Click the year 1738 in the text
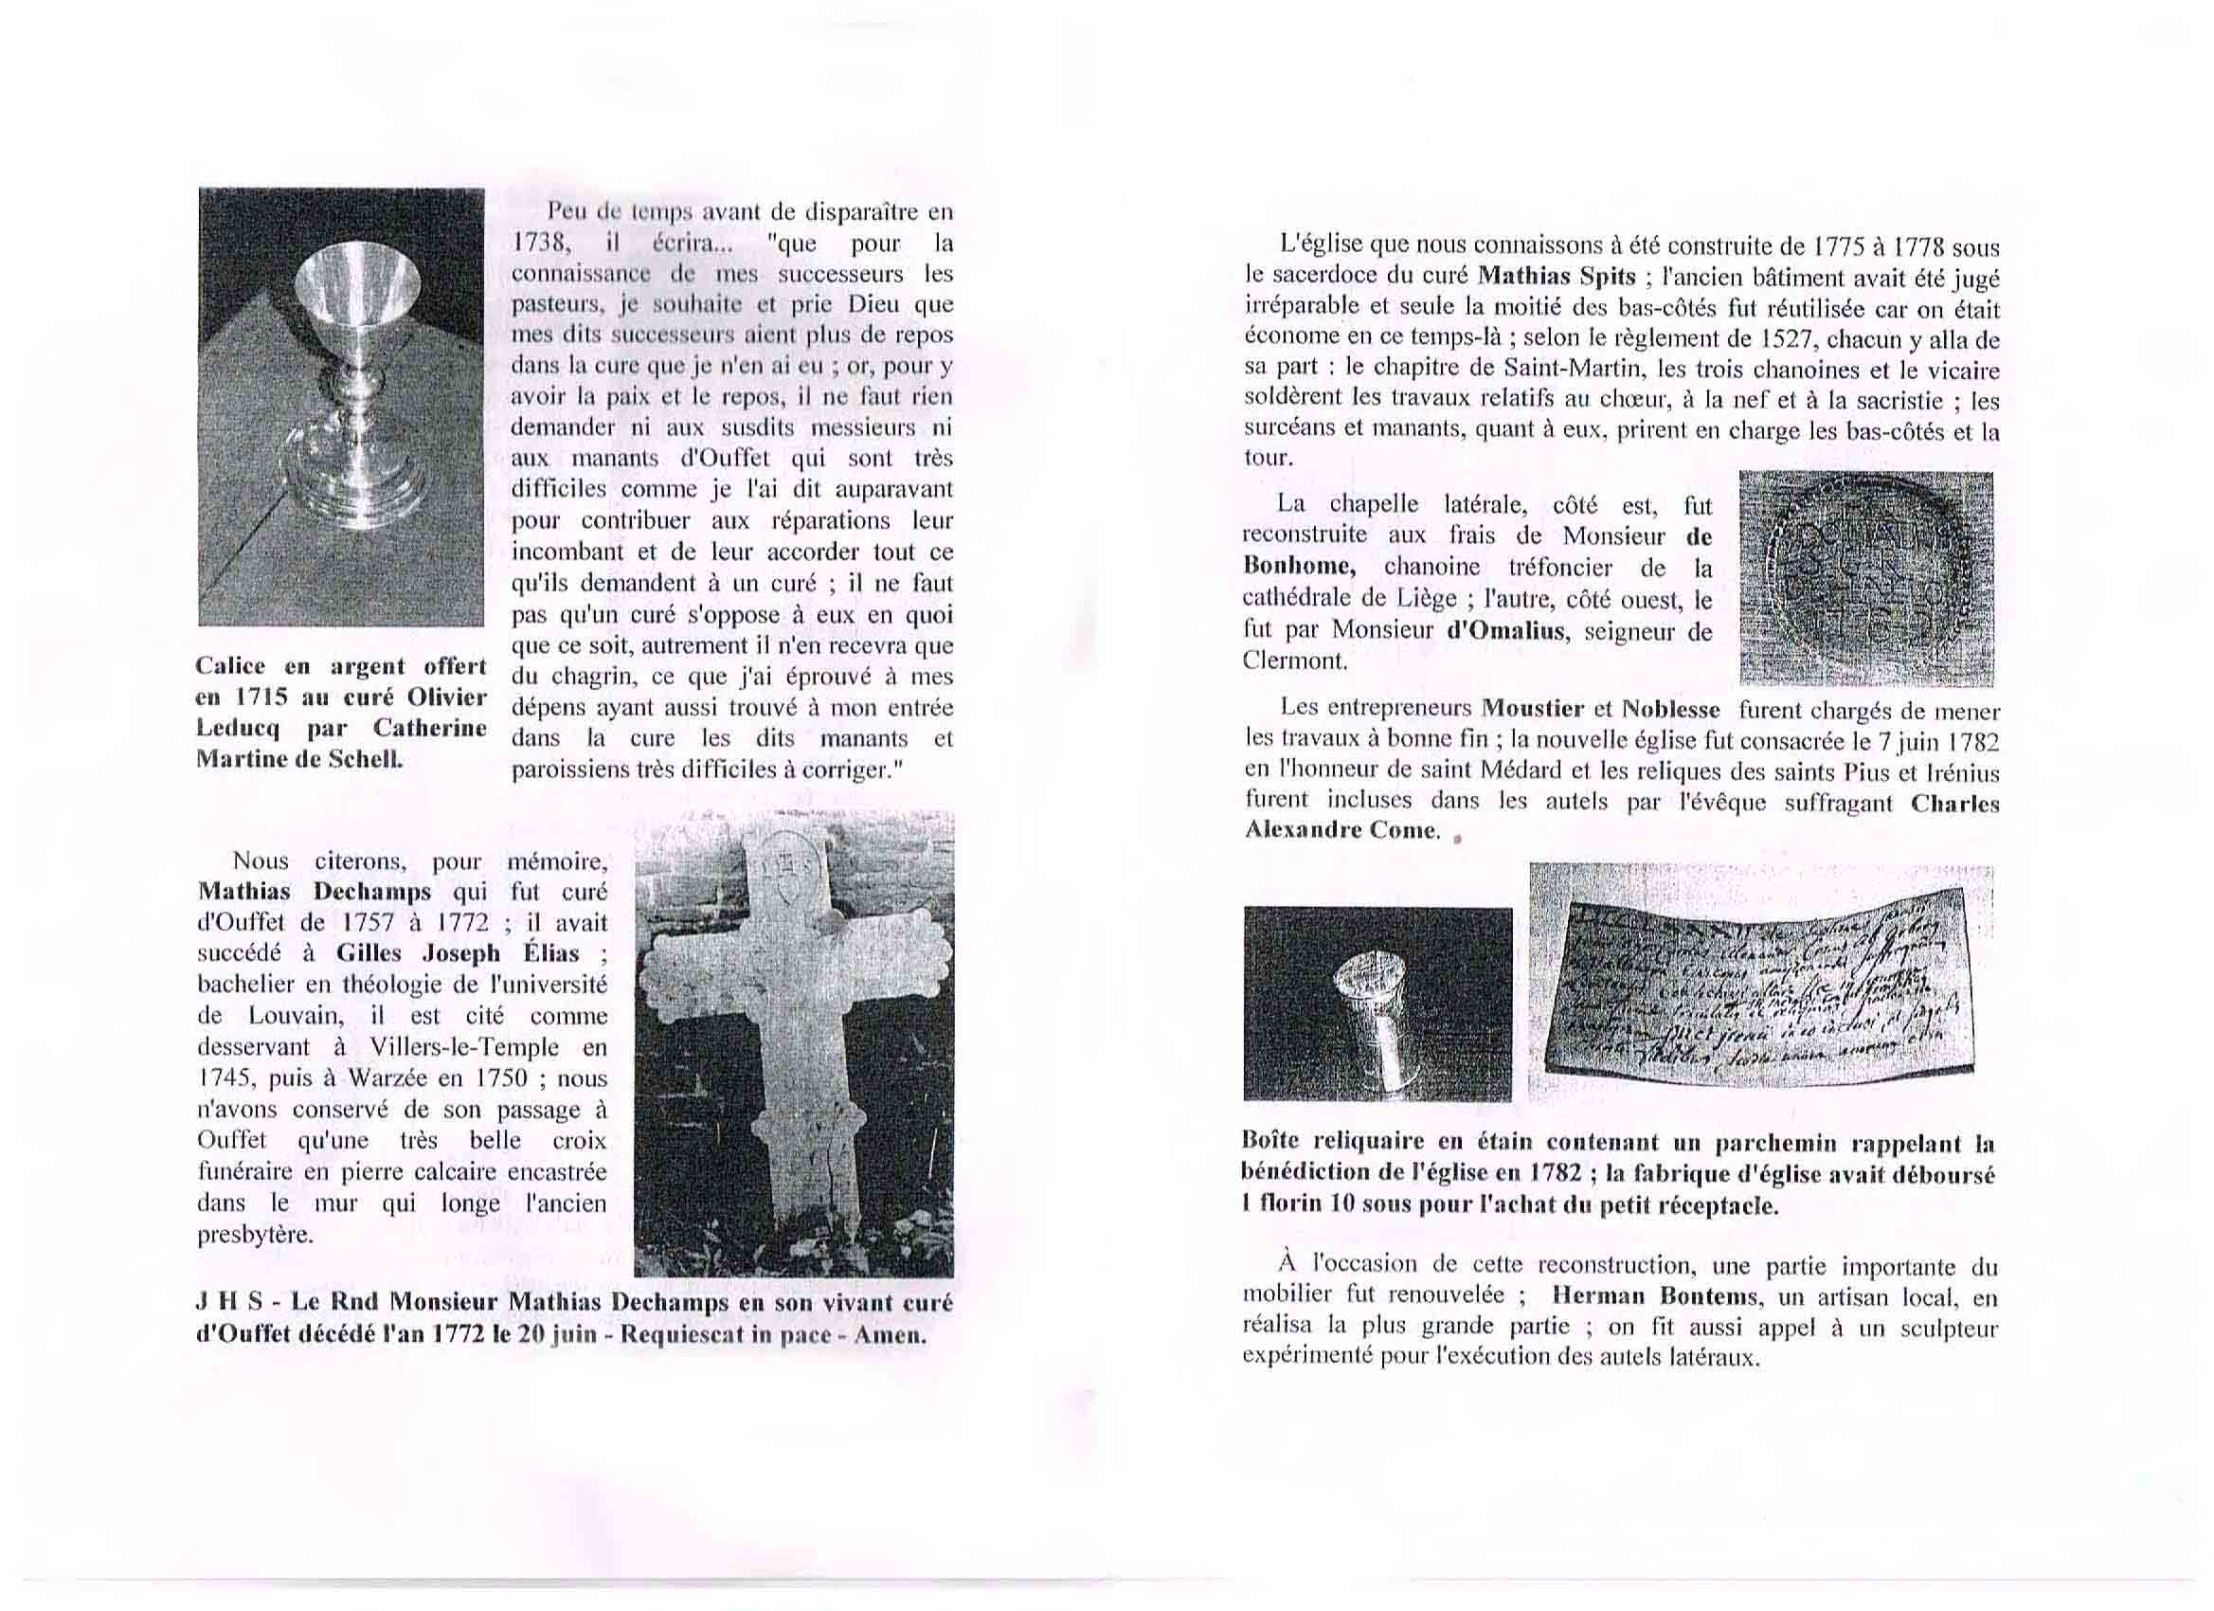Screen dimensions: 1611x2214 [x=534, y=244]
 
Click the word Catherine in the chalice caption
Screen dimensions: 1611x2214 [x=429, y=730]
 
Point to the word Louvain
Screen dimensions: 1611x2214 [x=293, y=1017]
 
